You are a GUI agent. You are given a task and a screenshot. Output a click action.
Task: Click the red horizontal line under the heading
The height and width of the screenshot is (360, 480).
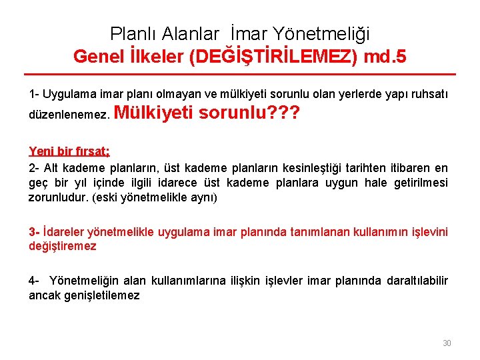[x=240, y=74]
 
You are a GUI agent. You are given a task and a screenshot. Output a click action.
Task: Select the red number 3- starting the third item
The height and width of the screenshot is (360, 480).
[x=34, y=232]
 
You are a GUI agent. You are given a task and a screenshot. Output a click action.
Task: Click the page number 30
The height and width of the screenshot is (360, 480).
[x=447, y=343]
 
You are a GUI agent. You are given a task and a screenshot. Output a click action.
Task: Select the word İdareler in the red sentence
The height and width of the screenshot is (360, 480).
[x=64, y=232]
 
